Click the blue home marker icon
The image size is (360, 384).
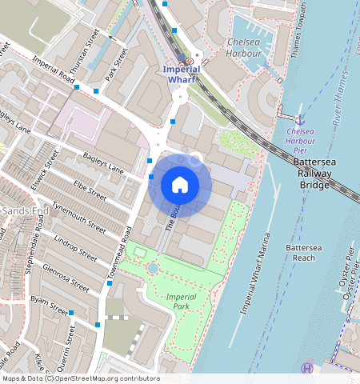[180, 186]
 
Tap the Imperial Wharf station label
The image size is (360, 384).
[181, 74]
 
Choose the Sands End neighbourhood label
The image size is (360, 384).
[16, 210]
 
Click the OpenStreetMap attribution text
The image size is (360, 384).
[81, 378]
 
